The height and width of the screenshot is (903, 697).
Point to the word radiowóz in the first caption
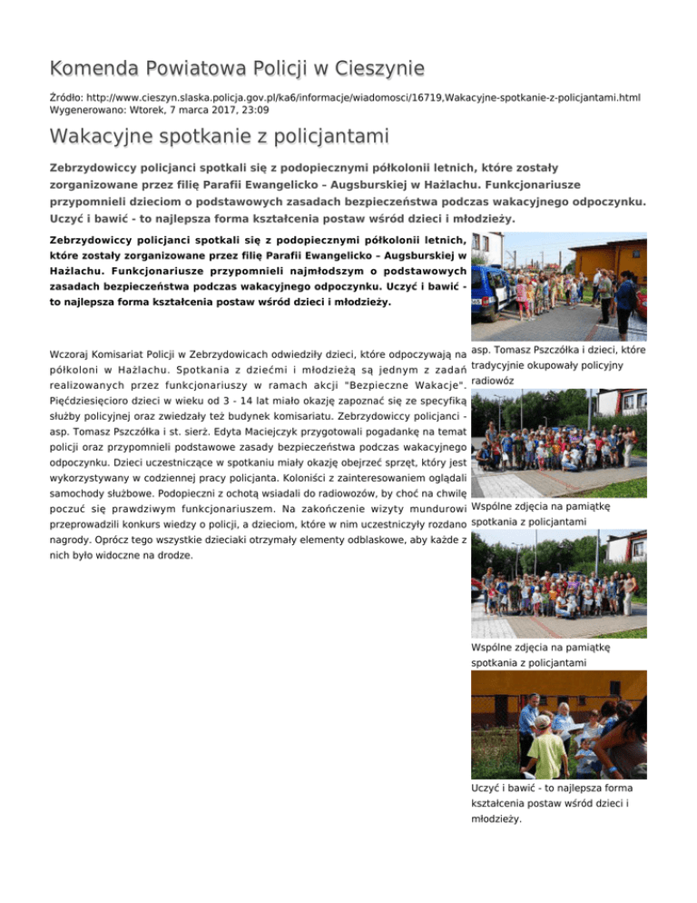click(495, 382)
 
